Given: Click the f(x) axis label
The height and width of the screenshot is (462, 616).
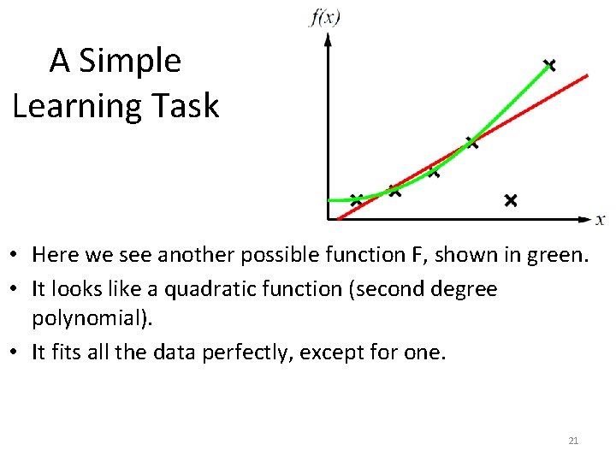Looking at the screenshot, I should [324, 17].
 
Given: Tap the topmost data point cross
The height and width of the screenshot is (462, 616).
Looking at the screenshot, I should [548, 65].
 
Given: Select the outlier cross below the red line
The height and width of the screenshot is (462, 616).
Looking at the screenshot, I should [510, 200].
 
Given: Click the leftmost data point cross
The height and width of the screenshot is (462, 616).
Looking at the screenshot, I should [356, 199].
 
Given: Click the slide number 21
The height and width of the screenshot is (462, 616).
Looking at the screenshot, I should [573, 441].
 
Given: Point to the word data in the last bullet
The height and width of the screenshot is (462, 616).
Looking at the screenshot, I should [174, 352].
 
